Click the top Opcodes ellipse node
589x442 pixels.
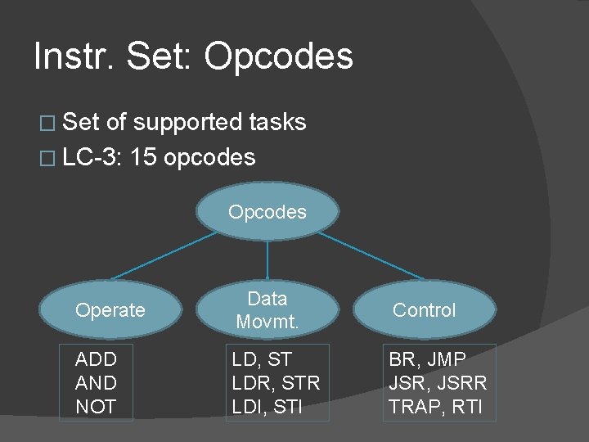[x=268, y=212]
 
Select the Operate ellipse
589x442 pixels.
[x=110, y=310]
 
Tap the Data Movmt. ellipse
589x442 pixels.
[x=268, y=310]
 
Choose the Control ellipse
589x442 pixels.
[x=424, y=310]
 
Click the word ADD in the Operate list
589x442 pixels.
[x=96, y=359]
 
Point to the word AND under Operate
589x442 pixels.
[x=96, y=383]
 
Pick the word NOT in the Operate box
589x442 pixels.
[x=96, y=407]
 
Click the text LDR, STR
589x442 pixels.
[x=276, y=383]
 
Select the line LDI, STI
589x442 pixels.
[x=268, y=407]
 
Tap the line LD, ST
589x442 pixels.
[x=262, y=359]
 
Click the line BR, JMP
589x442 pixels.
[x=427, y=359]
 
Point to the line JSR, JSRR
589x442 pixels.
[x=438, y=383]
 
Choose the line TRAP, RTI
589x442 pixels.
[x=435, y=407]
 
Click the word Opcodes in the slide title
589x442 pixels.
[x=278, y=57]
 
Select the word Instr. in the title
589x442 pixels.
[x=73, y=56]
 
